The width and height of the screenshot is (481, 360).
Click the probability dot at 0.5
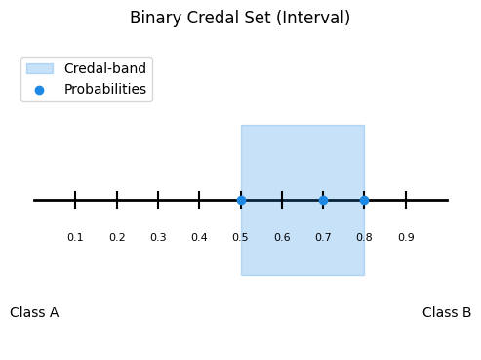[241, 200]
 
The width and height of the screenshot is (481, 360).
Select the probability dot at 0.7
[323, 200]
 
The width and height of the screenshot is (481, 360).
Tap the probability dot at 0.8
[365, 200]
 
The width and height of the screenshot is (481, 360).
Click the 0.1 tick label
[75, 237]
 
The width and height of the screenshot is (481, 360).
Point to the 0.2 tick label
[117, 237]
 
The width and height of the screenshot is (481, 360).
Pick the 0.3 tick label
[158, 237]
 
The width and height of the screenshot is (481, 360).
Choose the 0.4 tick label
[199, 237]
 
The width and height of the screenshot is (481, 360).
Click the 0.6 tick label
[282, 237]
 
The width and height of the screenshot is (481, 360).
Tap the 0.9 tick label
[406, 237]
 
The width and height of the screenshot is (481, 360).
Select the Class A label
[34, 312]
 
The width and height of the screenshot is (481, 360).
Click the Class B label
[447, 312]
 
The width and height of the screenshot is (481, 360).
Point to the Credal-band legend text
[105, 68]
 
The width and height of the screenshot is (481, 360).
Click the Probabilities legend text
[105, 89]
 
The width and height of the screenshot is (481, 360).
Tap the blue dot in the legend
[39, 90]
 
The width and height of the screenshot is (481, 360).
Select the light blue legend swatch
[40, 69]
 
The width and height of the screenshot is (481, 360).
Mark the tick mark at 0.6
[282, 200]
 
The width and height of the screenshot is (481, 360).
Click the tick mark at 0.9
[406, 200]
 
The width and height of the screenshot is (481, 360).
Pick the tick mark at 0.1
[75, 200]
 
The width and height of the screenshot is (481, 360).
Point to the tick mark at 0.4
[199, 200]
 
